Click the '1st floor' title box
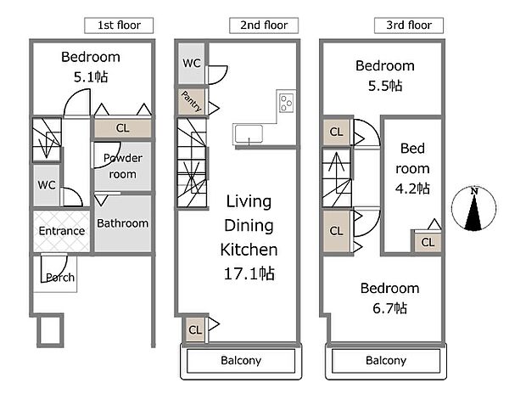119,25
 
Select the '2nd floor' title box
264,25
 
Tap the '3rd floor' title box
409,25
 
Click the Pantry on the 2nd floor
191,101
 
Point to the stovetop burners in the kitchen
287,103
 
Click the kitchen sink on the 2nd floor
249,134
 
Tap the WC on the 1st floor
47,185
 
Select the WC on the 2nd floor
191,63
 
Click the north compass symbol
473,209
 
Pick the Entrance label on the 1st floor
62,231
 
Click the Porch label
60,278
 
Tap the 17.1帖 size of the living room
249,273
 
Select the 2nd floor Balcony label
241,360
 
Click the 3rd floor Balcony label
386,360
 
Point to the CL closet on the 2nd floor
195,329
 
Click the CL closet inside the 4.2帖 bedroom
428,242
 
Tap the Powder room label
123,166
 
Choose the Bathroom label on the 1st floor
123,223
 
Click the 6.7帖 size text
389,308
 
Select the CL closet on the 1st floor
122,128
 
